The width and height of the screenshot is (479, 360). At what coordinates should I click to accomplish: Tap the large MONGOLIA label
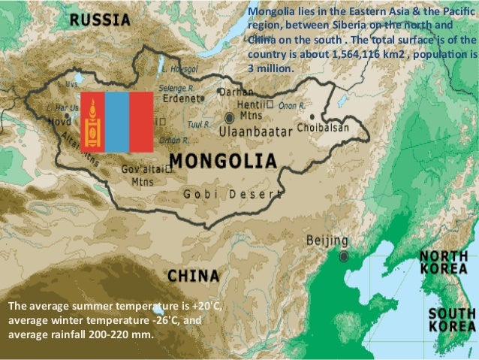(x=223, y=161)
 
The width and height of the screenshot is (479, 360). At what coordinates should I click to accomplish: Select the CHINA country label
(x=193, y=275)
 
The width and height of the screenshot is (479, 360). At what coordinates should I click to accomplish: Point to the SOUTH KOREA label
(x=450, y=319)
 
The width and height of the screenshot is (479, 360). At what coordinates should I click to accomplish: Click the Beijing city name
(x=328, y=241)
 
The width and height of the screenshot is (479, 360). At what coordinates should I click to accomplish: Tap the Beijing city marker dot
(x=344, y=256)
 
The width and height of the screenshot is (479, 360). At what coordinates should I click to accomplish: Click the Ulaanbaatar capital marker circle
(x=229, y=118)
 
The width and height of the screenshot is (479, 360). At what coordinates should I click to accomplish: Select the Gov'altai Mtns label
(x=142, y=175)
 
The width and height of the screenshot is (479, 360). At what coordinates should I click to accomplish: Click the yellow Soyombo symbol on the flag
(x=93, y=120)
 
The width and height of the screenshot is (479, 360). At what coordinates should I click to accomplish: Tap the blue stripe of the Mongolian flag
(x=117, y=120)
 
